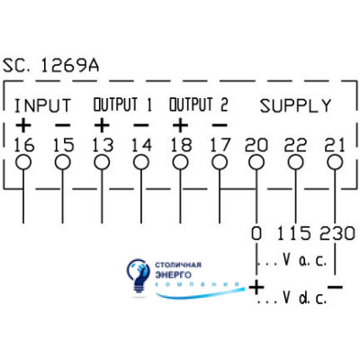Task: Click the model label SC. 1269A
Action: [x=50, y=66]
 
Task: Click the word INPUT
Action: [x=42, y=105]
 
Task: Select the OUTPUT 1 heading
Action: [x=122, y=104]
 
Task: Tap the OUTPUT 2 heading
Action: [x=199, y=104]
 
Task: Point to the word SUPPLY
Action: [x=295, y=105]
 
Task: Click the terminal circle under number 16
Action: [x=23, y=163]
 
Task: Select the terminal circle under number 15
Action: [x=63, y=163]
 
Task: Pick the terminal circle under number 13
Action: [x=102, y=163]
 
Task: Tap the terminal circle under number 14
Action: [x=141, y=163]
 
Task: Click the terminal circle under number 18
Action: [x=181, y=163]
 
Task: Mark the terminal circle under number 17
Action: [x=220, y=163]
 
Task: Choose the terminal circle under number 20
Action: [x=256, y=163]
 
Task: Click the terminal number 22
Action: [x=295, y=145]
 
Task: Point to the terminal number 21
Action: [x=335, y=145]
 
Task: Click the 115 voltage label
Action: [x=293, y=233]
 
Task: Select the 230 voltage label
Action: [x=337, y=233]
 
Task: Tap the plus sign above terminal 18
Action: [x=180, y=125]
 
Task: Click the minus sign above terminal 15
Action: [x=63, y=125]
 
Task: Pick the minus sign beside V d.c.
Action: [x=335, y=287]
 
